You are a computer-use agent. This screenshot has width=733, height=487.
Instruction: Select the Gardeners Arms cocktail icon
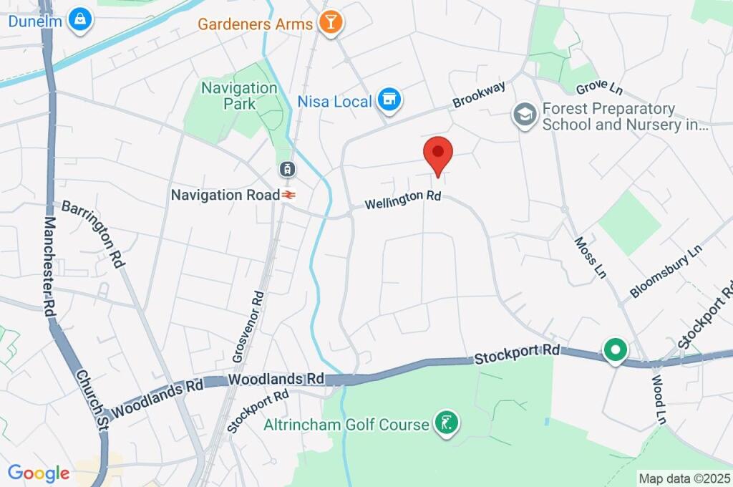pos(331,23)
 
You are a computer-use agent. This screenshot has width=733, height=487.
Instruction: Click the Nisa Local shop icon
pos(389,101)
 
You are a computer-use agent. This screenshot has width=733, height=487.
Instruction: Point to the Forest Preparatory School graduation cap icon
pos(525,115)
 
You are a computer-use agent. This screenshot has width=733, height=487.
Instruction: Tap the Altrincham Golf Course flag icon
pos(447,424)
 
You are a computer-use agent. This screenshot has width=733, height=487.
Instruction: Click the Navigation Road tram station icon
pos(286,170)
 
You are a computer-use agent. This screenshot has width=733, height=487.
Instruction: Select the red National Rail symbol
pos(288,194)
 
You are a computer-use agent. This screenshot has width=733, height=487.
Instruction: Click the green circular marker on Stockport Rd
pos(614,351)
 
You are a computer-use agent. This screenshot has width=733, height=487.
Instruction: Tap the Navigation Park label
pos(238,96)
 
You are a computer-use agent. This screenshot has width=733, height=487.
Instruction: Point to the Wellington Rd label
pos(402,199)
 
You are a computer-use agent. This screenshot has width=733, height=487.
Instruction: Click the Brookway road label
pos(479,95)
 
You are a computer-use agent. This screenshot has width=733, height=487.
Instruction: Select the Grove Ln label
pos(599,88)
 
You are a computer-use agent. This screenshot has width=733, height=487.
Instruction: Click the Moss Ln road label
pos(591,257)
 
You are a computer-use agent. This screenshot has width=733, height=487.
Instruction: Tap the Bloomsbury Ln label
pos(666,273)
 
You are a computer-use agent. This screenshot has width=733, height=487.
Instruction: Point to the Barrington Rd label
pos(93,233)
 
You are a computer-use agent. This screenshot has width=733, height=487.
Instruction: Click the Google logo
pos(38,473)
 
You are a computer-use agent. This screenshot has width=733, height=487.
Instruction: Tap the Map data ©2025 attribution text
pos(684,478)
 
